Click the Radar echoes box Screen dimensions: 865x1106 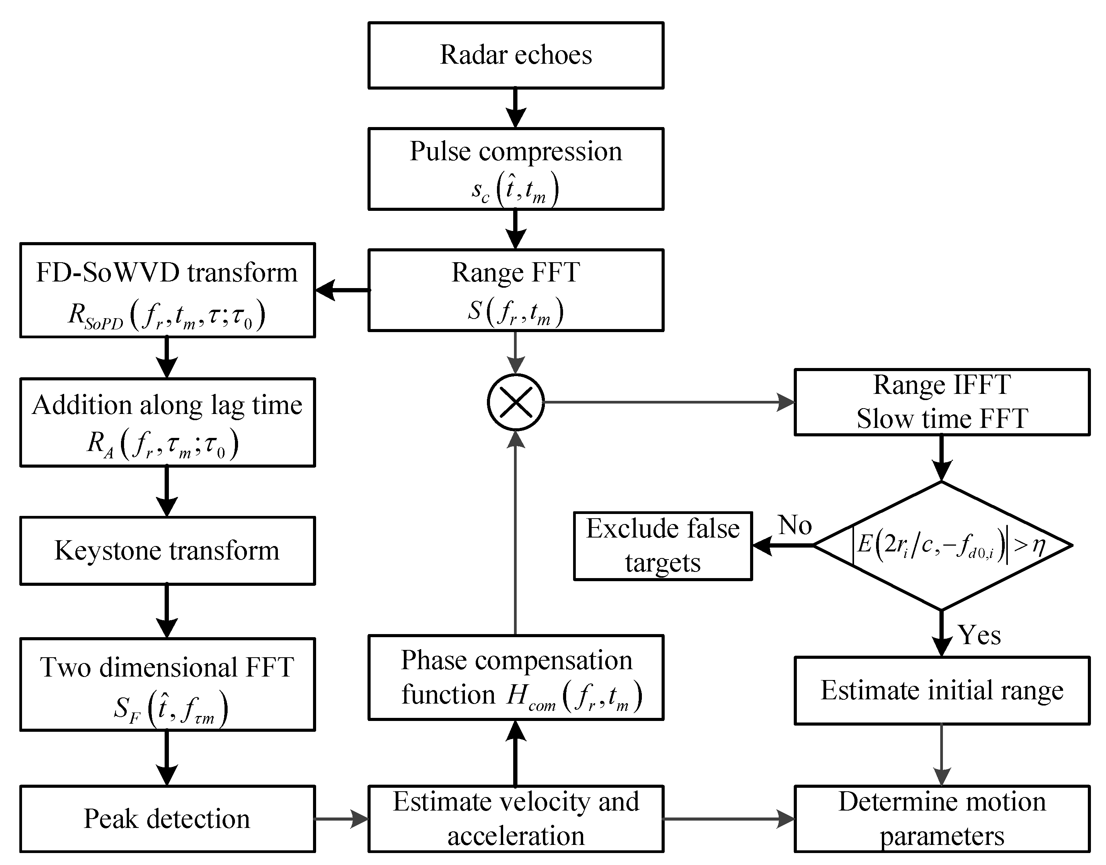pos(516,55)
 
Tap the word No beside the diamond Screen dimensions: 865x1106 pos(795,525)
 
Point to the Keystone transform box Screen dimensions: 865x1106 pos(167,551)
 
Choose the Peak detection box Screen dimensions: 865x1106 pos(167,819)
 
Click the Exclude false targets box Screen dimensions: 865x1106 pos(662,546)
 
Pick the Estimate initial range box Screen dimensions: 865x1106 pos(942,690)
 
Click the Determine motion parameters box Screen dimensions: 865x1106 pos(942,819)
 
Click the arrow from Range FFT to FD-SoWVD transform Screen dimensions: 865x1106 pos(342,290)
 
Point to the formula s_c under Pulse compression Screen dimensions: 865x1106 pos(516,190)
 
